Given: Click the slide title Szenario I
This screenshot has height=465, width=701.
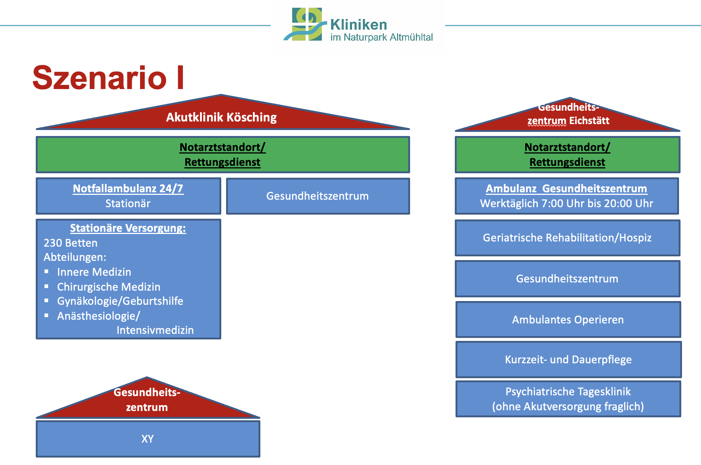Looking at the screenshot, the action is coord(108,77).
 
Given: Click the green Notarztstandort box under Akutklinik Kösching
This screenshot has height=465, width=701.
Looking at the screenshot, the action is coord(223,155).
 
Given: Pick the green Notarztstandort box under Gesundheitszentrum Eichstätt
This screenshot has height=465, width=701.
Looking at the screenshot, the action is coord(567,155).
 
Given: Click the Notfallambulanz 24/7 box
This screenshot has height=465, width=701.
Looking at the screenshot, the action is coord(129,196).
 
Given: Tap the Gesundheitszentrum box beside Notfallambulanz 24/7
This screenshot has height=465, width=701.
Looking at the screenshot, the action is coord(318,196).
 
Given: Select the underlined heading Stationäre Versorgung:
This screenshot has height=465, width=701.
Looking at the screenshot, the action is coord(128,228).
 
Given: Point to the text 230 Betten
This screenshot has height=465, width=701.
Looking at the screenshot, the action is coord(71,243).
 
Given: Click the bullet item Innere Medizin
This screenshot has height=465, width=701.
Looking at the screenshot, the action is coord(94,272).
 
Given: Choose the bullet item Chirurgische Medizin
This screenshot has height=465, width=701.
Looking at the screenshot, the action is coord(109,287).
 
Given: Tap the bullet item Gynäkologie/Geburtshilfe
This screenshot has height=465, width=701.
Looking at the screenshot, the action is coord(120,301).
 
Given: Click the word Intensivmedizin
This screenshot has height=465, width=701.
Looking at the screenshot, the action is coord(155,330).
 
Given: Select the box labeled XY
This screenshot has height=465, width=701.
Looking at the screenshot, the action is coord(148,439).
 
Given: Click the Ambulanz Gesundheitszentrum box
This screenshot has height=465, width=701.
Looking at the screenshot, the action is coord(567,196).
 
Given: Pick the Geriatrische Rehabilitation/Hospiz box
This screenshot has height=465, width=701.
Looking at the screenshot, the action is coord(567,238).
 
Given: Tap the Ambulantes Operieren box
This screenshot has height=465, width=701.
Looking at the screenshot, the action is coord(568,320).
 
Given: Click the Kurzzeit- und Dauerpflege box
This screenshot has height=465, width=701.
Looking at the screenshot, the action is coord(568,360).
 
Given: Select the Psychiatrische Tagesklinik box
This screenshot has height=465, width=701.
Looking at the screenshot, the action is coord(568,399).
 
